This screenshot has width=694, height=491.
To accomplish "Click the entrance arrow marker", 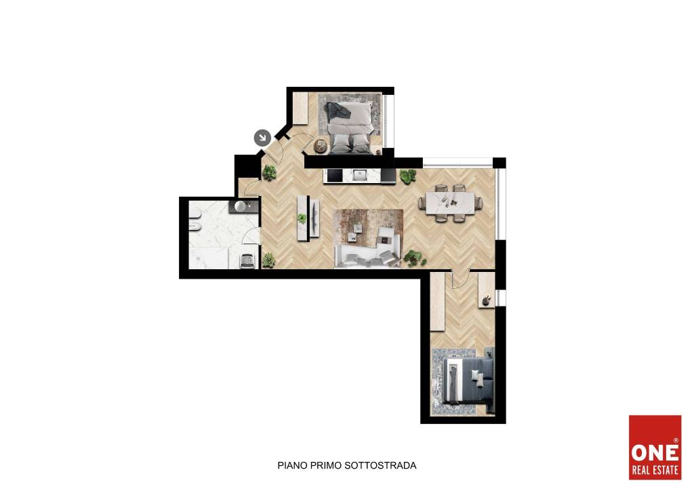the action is (262, 138).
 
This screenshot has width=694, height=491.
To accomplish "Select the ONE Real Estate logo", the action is (655, 447).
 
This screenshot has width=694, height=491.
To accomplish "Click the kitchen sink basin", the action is (361, 176).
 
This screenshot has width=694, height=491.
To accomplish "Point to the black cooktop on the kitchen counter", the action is (333, 176).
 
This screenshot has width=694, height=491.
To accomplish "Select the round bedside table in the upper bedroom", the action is (321, 146).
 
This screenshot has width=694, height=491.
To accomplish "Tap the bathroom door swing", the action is (251, 235).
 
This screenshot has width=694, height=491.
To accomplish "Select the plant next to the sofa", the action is (414, 258).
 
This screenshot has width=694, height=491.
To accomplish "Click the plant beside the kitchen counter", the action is (407, 176).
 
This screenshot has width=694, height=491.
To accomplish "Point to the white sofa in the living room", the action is (367, 252).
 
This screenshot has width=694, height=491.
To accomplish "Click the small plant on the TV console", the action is (302, 218).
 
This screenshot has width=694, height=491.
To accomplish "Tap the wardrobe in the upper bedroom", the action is (300, 109).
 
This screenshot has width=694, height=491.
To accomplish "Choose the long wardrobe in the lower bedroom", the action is (437, 301).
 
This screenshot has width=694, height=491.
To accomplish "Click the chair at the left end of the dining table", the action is (422, 203).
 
